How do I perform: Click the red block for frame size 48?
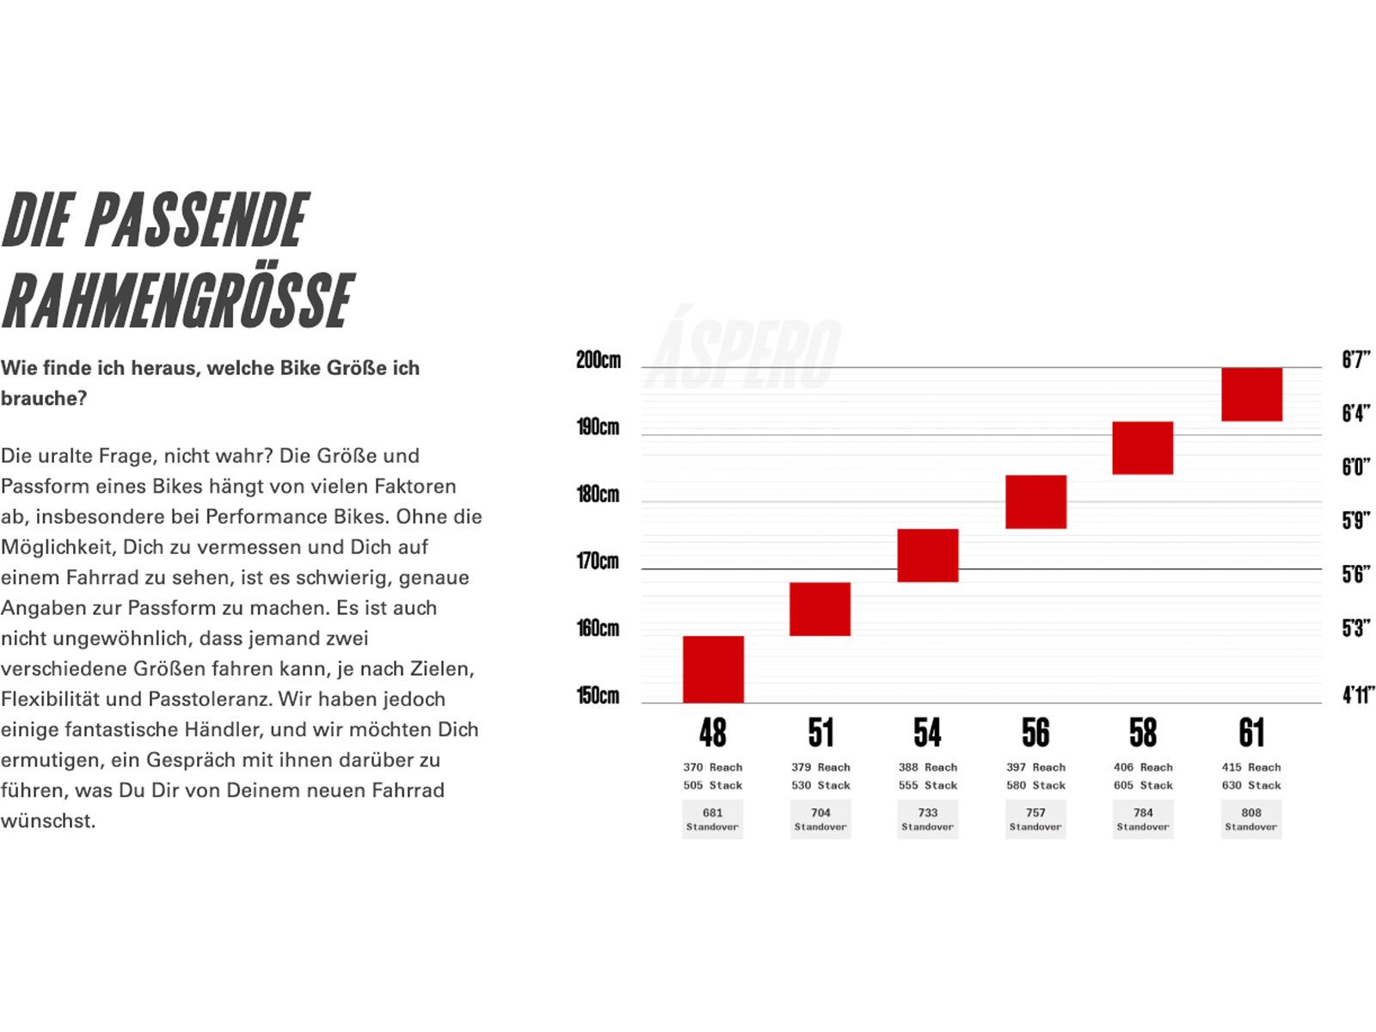pos(713,669)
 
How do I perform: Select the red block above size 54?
pos(927,556)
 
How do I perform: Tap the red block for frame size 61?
pos(1251,395)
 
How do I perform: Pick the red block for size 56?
pos(1035,501)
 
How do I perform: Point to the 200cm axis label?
pos(599,360)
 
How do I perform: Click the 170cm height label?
pos(598,562)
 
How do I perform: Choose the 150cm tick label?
pos(598,695)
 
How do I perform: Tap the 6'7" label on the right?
pos(1355,359)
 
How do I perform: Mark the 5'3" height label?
pos(1355,628)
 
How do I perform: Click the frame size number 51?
pos(820,734)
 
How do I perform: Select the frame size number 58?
pos(1143,734)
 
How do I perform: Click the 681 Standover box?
pos(712,819)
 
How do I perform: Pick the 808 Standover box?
pos(1251,819)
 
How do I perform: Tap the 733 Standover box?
pos(927,819)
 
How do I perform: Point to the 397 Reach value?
pos(1035,767)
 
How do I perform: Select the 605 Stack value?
pos(1143,785)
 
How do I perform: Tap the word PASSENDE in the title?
pos(197,220)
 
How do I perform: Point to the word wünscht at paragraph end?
pos(47,821)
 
